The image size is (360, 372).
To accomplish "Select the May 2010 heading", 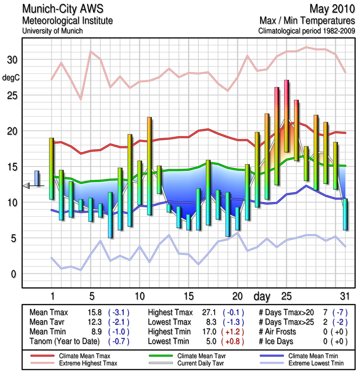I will [x=330, y=9].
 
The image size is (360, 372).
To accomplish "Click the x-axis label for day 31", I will [x=344, y=296].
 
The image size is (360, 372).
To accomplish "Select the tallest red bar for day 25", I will [x=287, y=116].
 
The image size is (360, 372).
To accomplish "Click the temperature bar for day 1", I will [x=52, y=168].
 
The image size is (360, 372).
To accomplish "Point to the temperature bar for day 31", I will [x=345, y=214].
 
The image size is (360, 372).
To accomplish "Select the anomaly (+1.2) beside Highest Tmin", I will [x=234, y=331].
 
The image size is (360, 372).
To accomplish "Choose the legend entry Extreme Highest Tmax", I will [x=85, y=362].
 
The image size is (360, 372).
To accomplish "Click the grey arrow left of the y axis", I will [x=26, y=186].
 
